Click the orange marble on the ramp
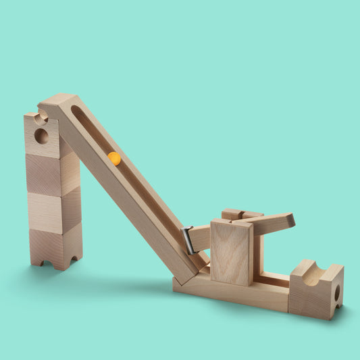click(x=114, y=159)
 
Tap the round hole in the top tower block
click(x=41, y=136)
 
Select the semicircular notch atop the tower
click(x=41, y=118)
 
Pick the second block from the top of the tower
click(x=51, y=174)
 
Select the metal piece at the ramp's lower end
click(x=188, y=240)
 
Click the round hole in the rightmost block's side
click(x=336, y=292)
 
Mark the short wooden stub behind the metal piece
click(x=200, y=237)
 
